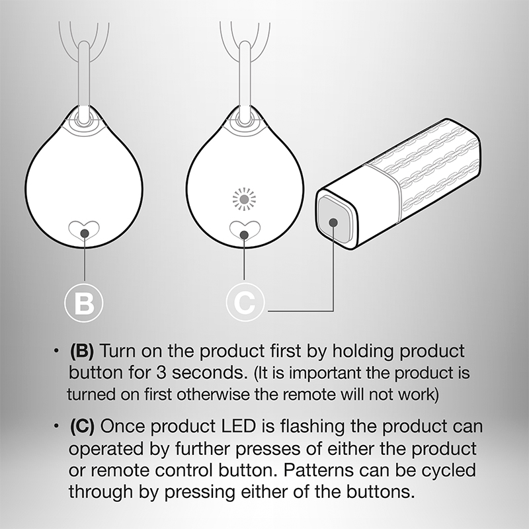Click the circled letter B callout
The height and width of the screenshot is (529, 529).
84,303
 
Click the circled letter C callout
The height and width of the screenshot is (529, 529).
245,302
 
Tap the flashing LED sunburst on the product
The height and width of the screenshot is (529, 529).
244,200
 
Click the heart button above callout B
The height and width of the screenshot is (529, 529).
85,231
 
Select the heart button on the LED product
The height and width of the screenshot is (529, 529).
245,231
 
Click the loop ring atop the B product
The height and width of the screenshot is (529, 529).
83,118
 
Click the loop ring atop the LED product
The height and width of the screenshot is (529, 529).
245,118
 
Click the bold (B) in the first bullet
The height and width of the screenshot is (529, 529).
81,351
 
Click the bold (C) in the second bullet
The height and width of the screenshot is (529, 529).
82,426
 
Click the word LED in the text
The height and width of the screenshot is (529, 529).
238,426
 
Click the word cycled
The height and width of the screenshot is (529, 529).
449,471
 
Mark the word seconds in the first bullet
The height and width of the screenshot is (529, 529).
209,373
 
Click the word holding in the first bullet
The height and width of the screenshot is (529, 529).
363,352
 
